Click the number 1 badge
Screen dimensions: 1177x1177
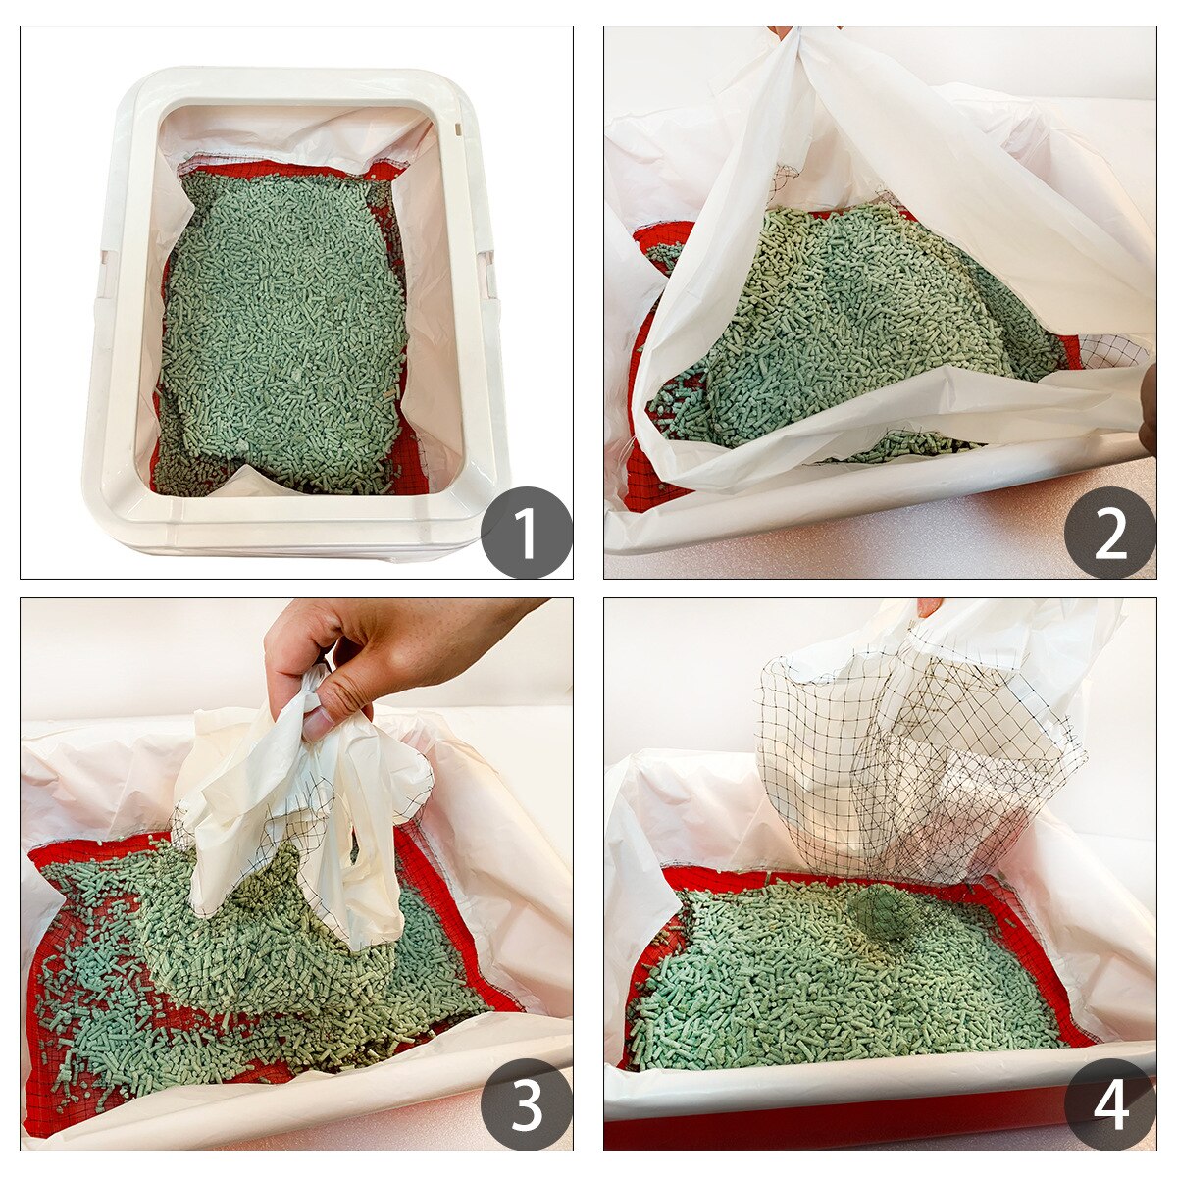tap(526, 533)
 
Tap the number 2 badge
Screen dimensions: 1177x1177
tap(1109, 533)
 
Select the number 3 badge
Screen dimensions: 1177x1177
tap(526, 1104)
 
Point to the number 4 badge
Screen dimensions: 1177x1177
tap(1109, 1104)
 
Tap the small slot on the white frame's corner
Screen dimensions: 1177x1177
tap(457, 127)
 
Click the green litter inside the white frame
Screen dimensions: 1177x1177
tap(284, 324)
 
